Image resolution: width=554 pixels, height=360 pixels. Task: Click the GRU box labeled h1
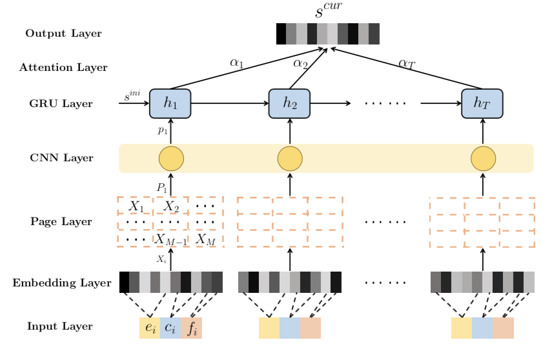(x=170, y=103)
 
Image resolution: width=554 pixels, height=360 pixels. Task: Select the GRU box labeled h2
(x=289, y=103)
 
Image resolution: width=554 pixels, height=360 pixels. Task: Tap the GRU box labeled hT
(x=482, y=103)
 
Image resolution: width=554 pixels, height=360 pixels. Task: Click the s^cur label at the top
(x=327, y=11)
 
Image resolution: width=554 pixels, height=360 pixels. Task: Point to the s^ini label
(x=132, y=97)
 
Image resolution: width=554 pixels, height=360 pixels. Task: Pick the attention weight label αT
(x=407, y=63)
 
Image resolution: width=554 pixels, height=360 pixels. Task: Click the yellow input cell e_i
(x=150, y=328)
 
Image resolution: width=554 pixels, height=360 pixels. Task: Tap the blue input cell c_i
(x=170, y=328)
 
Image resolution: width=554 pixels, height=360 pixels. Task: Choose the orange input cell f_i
(x=192, y=328)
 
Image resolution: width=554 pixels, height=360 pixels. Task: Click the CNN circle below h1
(x=171, y=158)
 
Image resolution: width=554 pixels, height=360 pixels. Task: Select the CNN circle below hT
(x=483, y=158)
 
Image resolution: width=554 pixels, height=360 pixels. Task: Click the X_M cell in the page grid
(x=205, y=239)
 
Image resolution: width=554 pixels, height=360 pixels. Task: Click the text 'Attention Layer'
(x=63, y=68)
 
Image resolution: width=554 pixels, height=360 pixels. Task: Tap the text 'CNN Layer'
(x=61, y=158)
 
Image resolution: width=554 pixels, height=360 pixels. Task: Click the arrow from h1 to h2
(x=229, y=103)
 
